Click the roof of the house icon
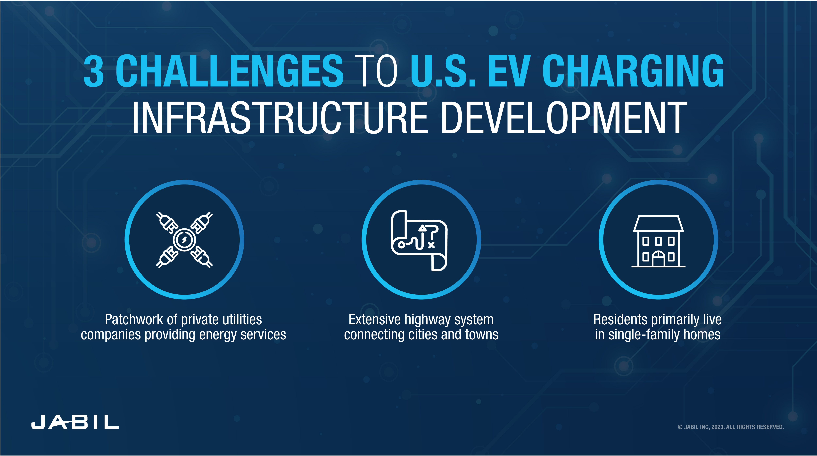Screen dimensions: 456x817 click(x=658, y=223)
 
